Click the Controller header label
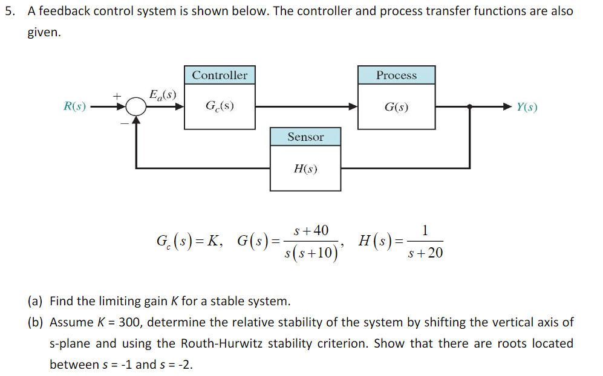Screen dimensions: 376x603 point(220,76)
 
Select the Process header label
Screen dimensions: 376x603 point(396,76)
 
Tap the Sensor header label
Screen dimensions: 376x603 point(305,137)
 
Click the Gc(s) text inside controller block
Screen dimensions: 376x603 point(220,107)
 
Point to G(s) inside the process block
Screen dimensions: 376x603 point(396,108)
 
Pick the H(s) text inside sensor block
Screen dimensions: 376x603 point(305,169)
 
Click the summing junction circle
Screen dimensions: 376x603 point(137,107)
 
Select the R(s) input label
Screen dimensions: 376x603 point(75,107)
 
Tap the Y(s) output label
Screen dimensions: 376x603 point(526,108)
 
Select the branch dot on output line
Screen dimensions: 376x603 point(471,107)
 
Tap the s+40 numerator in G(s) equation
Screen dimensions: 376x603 point(311,231)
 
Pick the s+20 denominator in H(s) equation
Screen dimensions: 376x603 point(425,253)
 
